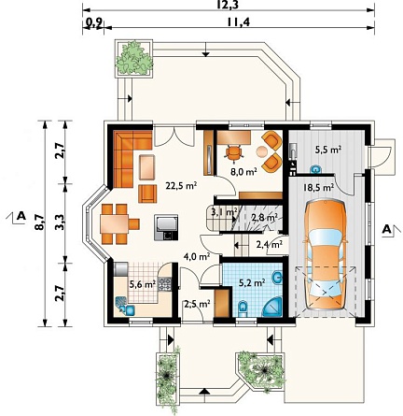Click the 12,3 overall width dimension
229,5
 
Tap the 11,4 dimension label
238,22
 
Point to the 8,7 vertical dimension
40,222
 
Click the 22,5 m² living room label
181,186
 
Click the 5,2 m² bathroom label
252,283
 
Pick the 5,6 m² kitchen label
143,284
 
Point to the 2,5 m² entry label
197,304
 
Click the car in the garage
326,255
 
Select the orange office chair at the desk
234,152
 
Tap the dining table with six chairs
118,223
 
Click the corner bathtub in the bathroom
273,308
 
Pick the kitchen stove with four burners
164,283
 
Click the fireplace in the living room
166,227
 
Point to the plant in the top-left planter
134,58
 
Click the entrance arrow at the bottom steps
203,392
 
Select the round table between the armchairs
262,151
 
